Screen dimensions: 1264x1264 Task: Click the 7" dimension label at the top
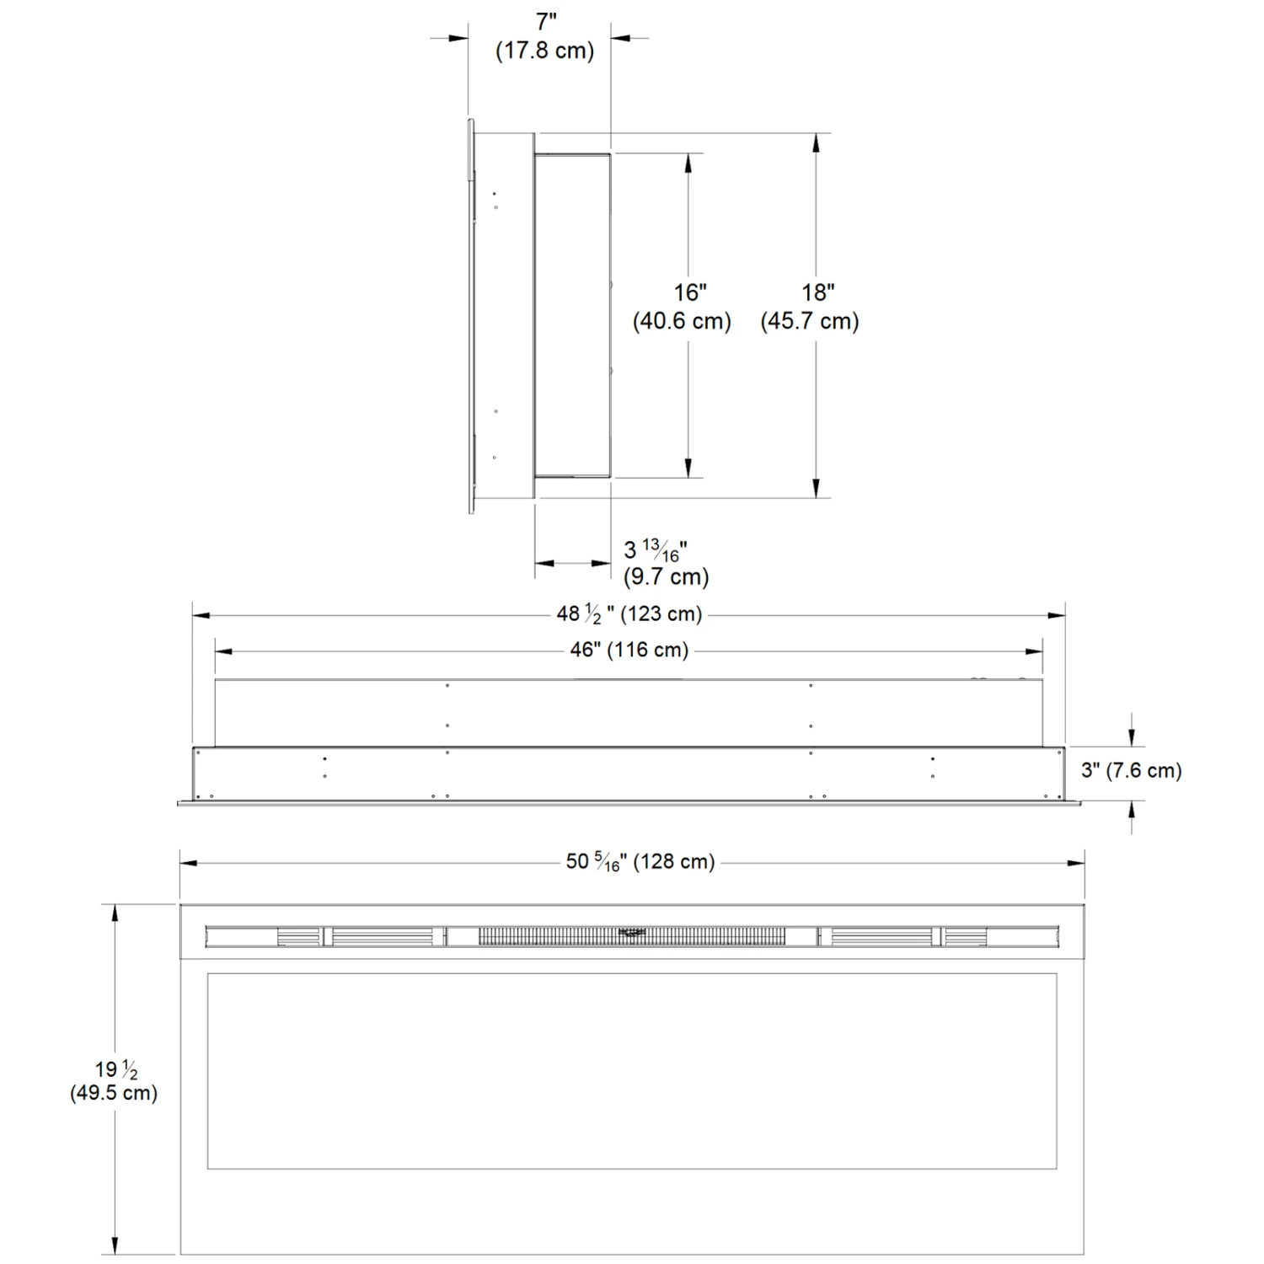coord(546,23)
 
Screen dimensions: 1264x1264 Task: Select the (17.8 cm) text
coord(544,51)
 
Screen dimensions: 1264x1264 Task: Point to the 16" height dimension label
coord(689,292)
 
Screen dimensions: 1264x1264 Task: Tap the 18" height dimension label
coord(817,292)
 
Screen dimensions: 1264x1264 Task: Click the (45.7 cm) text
coord(810,321)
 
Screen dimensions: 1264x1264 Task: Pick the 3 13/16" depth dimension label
coord(656,550)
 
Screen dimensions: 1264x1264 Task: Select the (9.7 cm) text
coord(666,577)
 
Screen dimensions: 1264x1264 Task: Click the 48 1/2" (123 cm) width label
coord(629,614)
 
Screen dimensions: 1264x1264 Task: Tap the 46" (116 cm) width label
coord(629,651)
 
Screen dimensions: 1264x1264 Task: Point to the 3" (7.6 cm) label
coord(1132,770)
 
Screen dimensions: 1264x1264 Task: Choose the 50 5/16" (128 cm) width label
coord(640,862)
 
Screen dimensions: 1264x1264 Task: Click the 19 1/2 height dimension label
coord(116,1069)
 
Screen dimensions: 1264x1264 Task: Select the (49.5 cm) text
coord(114,1093)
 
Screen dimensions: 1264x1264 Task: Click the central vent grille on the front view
coord(632,936)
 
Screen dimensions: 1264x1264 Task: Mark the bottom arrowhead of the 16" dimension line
coord(688,468)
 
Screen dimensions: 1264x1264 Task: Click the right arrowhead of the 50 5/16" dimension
coord(1074,863)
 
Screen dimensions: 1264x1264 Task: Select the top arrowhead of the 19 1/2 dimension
coord(115,914)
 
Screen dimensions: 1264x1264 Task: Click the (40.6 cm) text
coord(682,321)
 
